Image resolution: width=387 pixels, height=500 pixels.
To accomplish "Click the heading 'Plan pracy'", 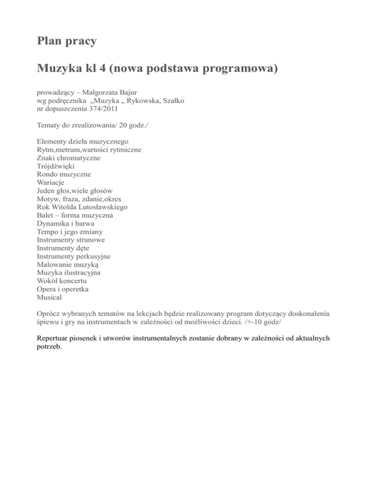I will click(67, 41).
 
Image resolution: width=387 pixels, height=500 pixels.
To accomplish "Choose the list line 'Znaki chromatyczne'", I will click(69, 158).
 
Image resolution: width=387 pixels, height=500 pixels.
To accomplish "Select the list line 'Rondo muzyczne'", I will click(64, 174).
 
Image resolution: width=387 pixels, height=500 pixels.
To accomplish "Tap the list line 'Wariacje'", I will click(51, 182).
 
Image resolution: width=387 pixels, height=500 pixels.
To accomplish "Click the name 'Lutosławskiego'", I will click(103, 207).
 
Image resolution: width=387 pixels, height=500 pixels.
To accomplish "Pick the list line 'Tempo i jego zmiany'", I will click(69, 231).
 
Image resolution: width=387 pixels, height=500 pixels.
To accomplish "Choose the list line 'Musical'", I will click(49, 297).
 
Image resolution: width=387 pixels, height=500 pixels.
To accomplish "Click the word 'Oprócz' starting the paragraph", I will click(48, 313).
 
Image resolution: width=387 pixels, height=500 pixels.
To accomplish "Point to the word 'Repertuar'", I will click(54, 339).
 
